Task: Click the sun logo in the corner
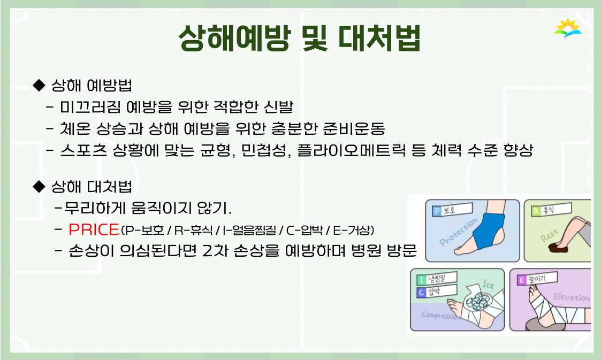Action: [568, 28]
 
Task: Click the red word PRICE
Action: [94, 229]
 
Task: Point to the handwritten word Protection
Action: [459, 232]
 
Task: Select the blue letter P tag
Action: [437, 211]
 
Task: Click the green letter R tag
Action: [536, 211]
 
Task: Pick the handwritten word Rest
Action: [549, 235]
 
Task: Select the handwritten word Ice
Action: [488, 284]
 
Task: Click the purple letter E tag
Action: [521, 280]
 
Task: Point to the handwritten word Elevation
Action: [571, 297]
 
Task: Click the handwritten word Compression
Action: [441, 315]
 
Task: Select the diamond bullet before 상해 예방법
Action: [39, 85]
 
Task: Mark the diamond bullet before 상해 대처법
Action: [39, 187]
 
